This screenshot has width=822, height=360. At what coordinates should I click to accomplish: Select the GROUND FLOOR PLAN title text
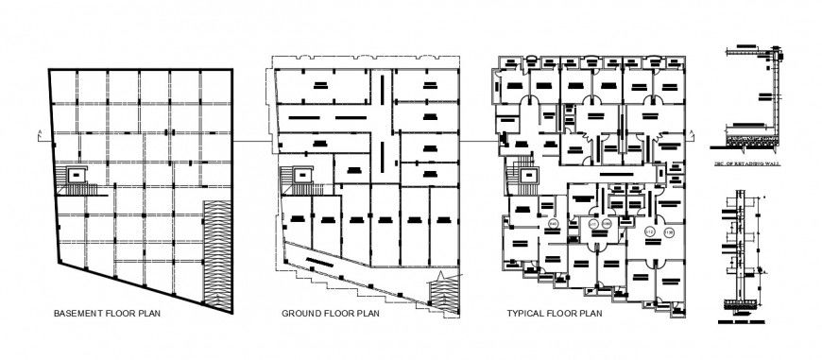pyautogui.click(x=331, y=314)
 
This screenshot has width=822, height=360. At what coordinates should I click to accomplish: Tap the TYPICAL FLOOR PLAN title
pyautogui.click(x=555, y=314)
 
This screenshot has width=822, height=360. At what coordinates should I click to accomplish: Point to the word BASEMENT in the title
pyautogui.click(x=78, y=314)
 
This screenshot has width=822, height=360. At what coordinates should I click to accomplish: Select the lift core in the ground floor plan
pyautogui.click(x=301, y=176)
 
